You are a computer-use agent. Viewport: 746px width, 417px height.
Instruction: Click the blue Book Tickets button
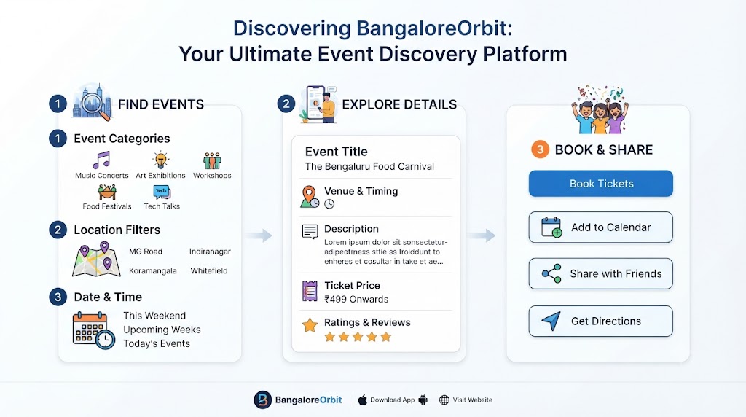coord(601,183)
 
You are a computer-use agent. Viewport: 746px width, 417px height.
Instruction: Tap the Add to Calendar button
coord(601,227)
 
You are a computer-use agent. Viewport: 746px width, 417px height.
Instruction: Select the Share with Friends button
coord(601,273)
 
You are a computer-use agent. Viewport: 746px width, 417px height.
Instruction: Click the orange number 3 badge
coord(540,149)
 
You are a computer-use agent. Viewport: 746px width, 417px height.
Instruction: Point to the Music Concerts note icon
coord(101,160)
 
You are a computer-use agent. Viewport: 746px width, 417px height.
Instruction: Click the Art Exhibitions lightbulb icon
coord(161,160)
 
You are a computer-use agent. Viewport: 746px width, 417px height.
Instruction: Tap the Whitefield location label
coord(209,271)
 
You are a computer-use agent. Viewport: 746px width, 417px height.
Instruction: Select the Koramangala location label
coord(153,271)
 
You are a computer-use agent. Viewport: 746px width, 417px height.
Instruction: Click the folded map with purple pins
coord(96,260)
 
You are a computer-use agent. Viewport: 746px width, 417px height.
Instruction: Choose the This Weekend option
coord(154,316)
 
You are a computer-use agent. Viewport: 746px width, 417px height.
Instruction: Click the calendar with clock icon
coord(94,330)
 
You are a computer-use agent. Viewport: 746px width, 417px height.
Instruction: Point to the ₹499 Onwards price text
coord(356,299)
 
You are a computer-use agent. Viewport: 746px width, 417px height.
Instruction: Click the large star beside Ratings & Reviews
coord(310,325)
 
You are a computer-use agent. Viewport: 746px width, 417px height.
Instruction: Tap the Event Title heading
coord(337,152)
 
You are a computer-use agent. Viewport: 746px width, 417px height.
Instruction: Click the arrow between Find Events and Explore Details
coord(260,235)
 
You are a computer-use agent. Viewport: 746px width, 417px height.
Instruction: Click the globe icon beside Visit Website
coord(444,400)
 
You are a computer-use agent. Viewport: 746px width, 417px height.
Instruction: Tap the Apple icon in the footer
coord(363,400)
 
